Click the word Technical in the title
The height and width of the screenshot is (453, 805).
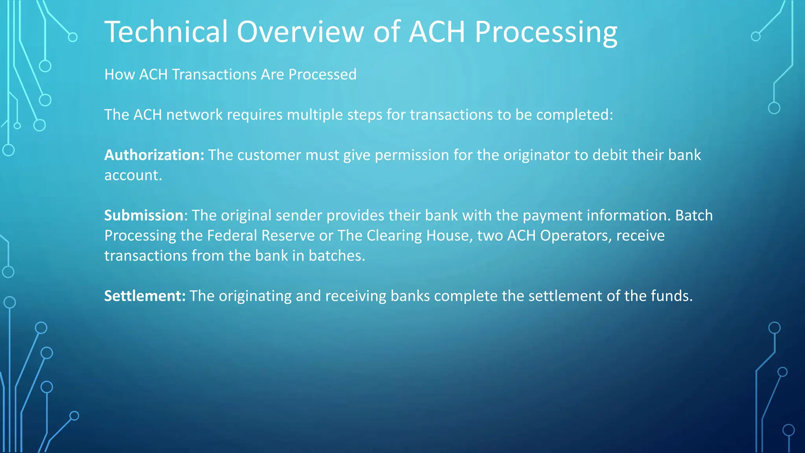click(166, 31)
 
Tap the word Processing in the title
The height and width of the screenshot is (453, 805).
click(546, 32)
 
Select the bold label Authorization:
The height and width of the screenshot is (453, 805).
click(154, 155)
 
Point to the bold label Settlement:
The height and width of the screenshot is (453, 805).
click(145, 296)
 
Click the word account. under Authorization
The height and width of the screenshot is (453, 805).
click(133, 175)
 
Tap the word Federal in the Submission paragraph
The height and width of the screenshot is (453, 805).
click(232, 236)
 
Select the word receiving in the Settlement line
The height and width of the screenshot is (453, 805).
click(356, 296)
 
